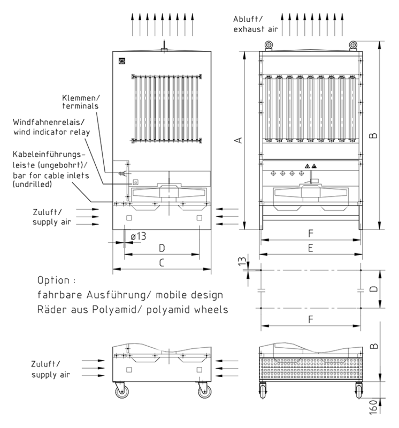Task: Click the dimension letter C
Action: pos(162,262)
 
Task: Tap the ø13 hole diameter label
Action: pos(138,235)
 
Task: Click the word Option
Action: pos(53,280)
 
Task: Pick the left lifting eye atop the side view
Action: pos(266,45)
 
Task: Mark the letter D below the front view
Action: pos(162,248)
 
